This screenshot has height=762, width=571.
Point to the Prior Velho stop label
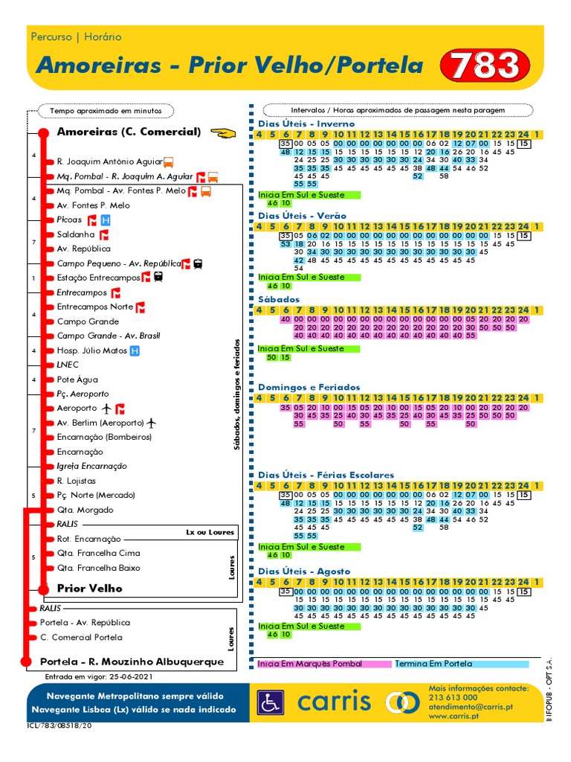tap(89, 588)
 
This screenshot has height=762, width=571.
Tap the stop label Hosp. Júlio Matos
tap(91, 350)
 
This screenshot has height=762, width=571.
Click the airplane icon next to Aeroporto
tap(106, 409)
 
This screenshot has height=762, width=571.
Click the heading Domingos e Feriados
tap(309, 387)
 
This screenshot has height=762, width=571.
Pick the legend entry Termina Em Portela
tap(433, 664)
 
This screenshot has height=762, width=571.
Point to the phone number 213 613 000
tap(453, 697)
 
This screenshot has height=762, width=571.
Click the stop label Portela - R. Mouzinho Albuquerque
tap(132, 662)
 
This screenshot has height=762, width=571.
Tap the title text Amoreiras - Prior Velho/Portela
tap(230, 65)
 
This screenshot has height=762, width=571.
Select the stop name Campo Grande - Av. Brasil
tap(109, 336)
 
